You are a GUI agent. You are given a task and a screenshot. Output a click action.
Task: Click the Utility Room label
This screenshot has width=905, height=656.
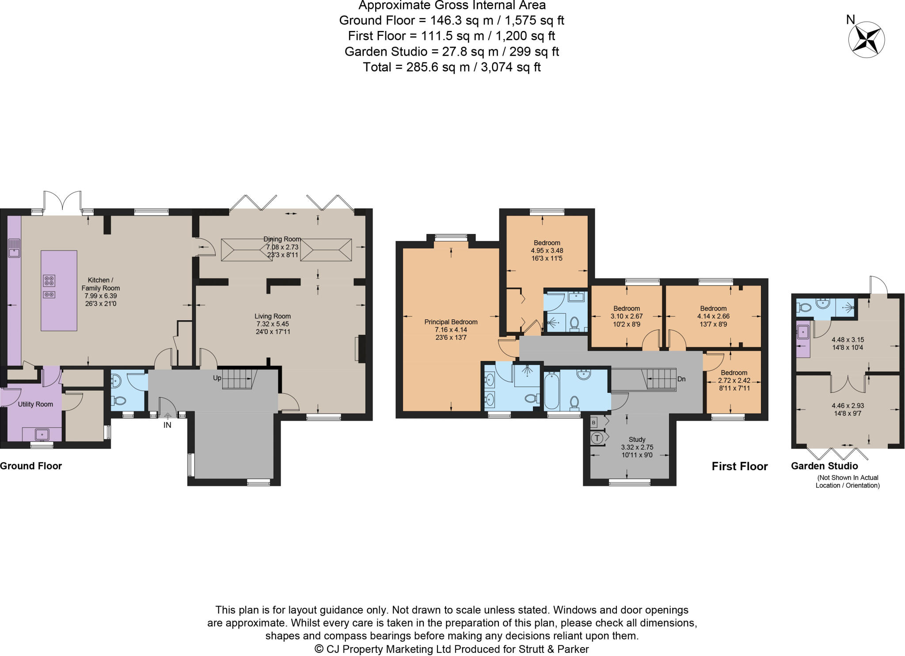coord(35,404)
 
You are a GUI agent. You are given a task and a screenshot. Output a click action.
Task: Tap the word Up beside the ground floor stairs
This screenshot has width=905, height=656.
coord(217,378)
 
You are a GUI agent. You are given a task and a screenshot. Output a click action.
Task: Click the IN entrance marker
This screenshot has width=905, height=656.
coord(167,425)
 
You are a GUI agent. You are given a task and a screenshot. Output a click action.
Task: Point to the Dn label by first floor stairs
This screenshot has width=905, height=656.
coord(681,379)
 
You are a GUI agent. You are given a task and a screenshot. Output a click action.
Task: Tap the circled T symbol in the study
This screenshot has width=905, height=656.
coord(597,438)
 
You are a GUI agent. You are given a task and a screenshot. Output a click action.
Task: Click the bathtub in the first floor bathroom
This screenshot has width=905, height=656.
coord(551,391)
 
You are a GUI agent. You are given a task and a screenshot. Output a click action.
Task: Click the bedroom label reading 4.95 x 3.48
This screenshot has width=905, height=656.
coord(547,250)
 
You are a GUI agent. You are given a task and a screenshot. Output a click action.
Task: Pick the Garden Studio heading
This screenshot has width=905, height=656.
coord(824,466)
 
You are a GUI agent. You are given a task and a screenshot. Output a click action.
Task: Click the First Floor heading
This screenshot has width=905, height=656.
coord(739,466)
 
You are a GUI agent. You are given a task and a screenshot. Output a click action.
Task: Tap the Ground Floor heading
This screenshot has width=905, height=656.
coord(31,466)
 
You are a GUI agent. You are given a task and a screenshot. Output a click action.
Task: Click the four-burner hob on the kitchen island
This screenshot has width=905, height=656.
coord(49,281)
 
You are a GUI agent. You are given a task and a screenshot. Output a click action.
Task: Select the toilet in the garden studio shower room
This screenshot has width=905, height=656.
coord(805,307)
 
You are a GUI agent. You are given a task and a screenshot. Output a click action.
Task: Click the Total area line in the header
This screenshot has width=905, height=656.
coord(452,67)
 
